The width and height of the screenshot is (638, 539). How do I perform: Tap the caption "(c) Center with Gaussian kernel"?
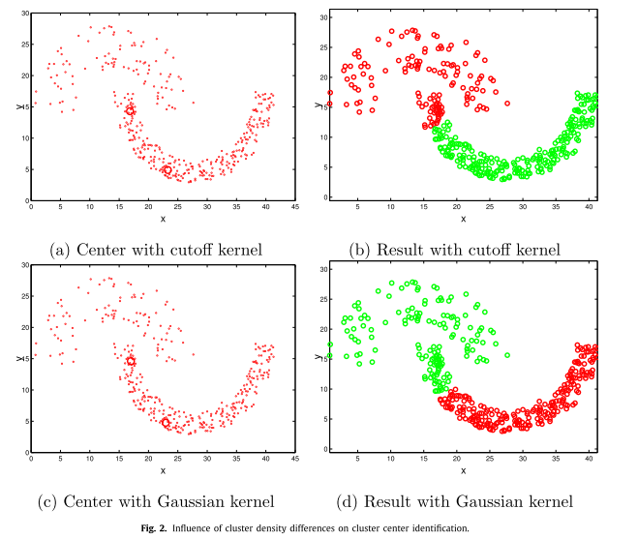pyautogui.click(x=156, y=501)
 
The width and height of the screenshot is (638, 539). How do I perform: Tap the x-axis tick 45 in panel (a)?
pyautogui.click(x=295, y=207)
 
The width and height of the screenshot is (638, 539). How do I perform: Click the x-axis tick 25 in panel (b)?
pyautogui.click(x=488, y=207)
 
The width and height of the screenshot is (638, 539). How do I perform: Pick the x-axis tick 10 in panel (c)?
pyautogui.click(x=90, y=459)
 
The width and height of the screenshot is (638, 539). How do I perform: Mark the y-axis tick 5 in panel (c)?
pyautogui.click(x=26, y=420)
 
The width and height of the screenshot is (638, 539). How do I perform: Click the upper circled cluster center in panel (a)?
pyautogui.click(x=130, y=110)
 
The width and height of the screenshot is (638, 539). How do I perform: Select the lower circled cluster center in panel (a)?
pyautogui.click(x=167, y=169)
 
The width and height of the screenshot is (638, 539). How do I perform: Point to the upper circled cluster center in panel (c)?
pyautogui.click(x=131, y=361)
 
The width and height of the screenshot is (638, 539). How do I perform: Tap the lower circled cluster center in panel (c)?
pyautogui.click(x=166, y=423)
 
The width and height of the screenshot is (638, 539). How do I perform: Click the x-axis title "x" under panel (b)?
pyautogui.click(x=463, y=219)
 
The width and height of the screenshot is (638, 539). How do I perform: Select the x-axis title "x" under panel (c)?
pyautogui.click(x=163, y=470)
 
